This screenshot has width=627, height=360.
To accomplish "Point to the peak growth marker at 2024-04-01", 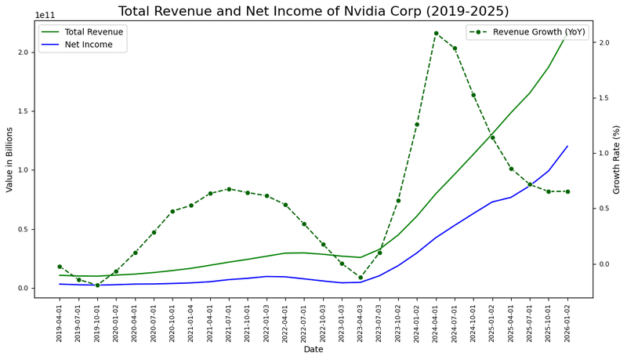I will (x=436, y=33).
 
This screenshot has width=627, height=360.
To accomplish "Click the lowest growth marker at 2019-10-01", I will (x=97, y=285).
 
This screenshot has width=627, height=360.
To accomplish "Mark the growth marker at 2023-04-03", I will (x=361, y=277).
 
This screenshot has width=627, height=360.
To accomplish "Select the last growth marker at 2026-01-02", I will (x=567, y=191).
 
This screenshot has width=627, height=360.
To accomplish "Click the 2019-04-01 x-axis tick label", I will (x=60, y=322).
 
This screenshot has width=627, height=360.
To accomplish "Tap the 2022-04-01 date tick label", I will (x=285, y=322).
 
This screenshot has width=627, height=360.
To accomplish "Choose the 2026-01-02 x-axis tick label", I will (x=567, y=322).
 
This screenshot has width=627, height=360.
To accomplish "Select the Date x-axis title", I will (x=313, y=349).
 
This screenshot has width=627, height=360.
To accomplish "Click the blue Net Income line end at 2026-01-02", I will (x=567, y=146).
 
